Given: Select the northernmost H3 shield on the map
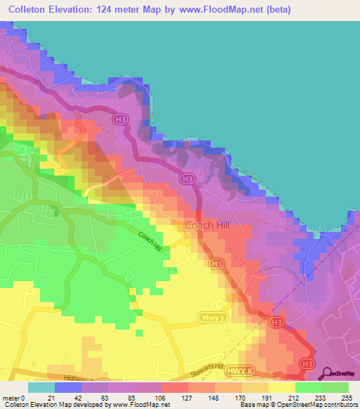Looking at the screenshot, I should pyautogui.click(x=120, y=120).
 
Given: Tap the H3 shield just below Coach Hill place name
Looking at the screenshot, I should pyautogui.click(x=217, y=264).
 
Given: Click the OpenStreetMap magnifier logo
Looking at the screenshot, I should pyautogui.click(x=328, y=373).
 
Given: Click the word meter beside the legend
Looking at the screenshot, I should pyautogui.click(x=11, y=398).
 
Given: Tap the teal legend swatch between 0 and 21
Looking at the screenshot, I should pyautogui.click(x=41, y=387).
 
